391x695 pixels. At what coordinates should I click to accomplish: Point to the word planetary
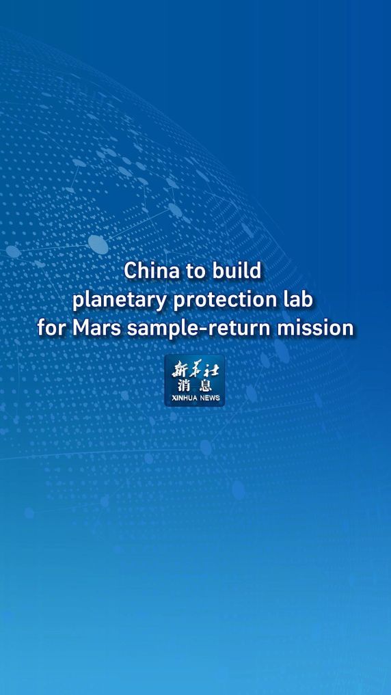tap(120, 301)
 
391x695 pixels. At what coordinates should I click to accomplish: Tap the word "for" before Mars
tap(51, 328)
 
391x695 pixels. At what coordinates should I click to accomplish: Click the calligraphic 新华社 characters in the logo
tap(195, 368)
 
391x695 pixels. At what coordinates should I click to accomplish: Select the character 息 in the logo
tap(205, 385)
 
